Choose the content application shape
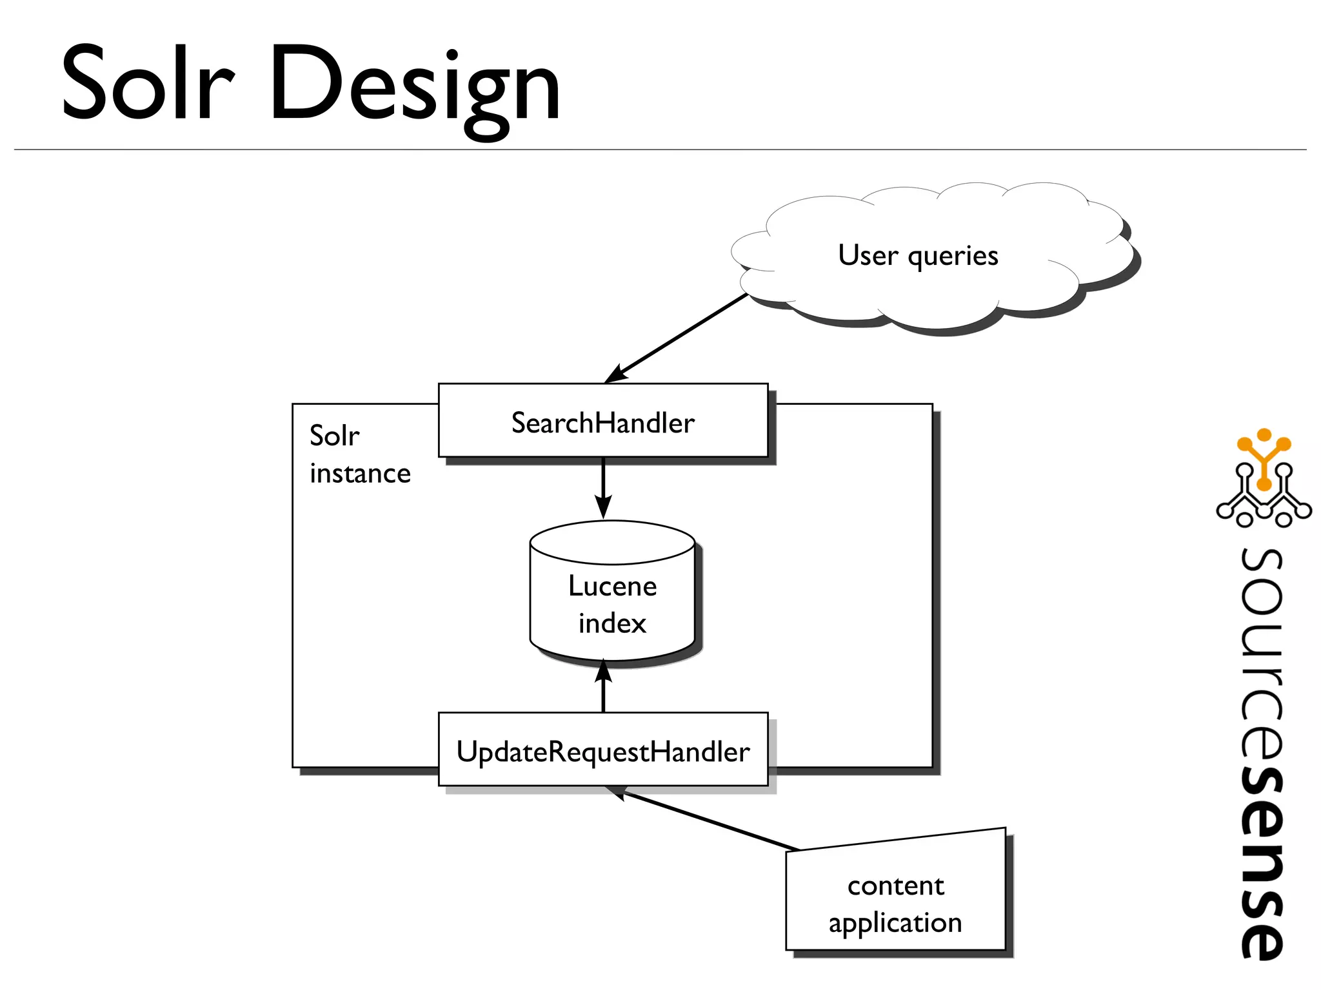click(x=895, y=902)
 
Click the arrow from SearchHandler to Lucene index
click(x=603, y=487)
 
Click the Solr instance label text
click(x=359, y=454)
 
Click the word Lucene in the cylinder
click(x=612, y=586)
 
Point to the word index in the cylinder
click(x=612, y=623)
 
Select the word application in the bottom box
click(x=895, y=923)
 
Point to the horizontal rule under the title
click(x=660, y=150)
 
